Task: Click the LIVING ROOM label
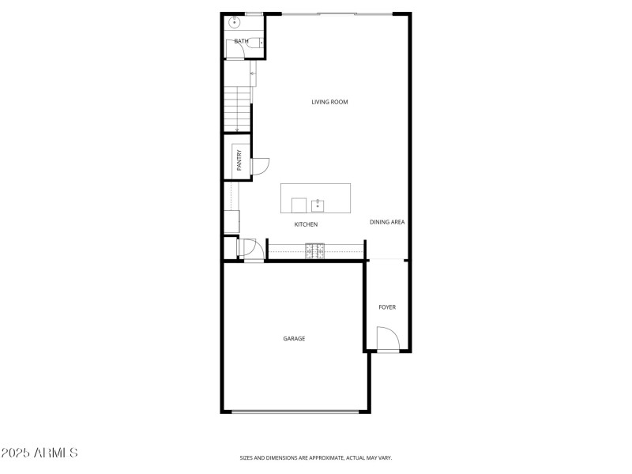click(x=329, y=102)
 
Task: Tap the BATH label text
click(x=241, y=41)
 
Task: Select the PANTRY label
click(x=239, y=161)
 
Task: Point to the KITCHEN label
click(x=306, y=225)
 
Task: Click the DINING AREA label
click(x=387, y=222)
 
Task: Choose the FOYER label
click(x=387, y=307)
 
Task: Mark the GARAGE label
click(x=294, y=339)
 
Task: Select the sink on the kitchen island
click(x=318, y=206)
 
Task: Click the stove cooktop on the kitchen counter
click(x=316, y=250)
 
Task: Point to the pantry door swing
click(x=260, y=167)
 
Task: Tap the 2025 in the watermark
click(x=16, y=453)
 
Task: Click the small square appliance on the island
click(x=299, y=205)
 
